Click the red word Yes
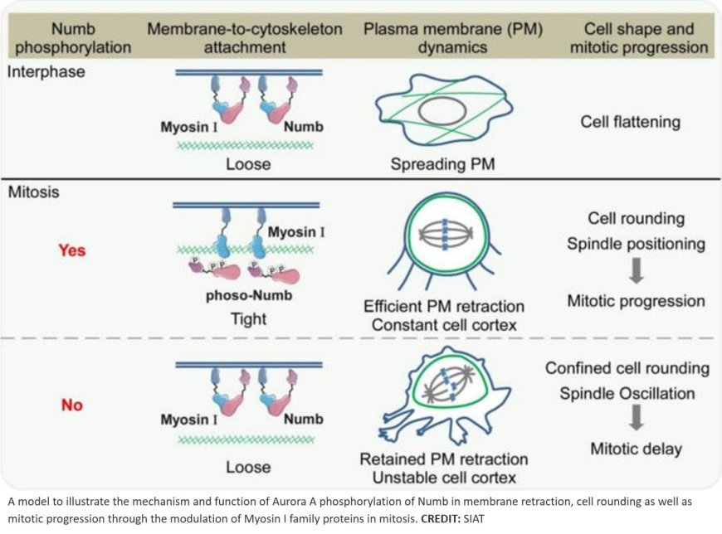[x=71, y=250]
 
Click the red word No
[x=71, y=405]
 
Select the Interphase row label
[x=46, y=71]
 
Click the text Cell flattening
[x=630, y=122]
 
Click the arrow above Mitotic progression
[x=635, y=272]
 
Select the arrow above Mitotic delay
[x=636, y=419]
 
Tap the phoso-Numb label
[x=244, y=296]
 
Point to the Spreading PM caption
[x=442, y=164]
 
